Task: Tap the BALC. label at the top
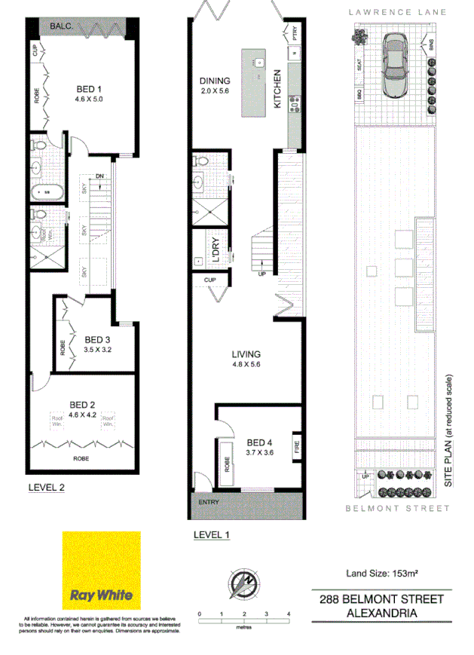[x=60, y=27]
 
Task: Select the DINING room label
[x=215, y=81]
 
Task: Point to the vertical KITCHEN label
[x=278, y=89]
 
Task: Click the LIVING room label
[x=246, y=354]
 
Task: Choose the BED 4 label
[x=259, y=442]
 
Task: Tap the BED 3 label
[x=98, y=339]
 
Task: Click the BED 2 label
[x=83, y=403]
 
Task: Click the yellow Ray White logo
[x=101, y=571]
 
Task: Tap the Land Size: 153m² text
[x=381, y=574]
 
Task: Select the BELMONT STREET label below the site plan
[x=397, y=509]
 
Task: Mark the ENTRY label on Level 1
[x=209, y=502]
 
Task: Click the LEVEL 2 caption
[x=47, y=487]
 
